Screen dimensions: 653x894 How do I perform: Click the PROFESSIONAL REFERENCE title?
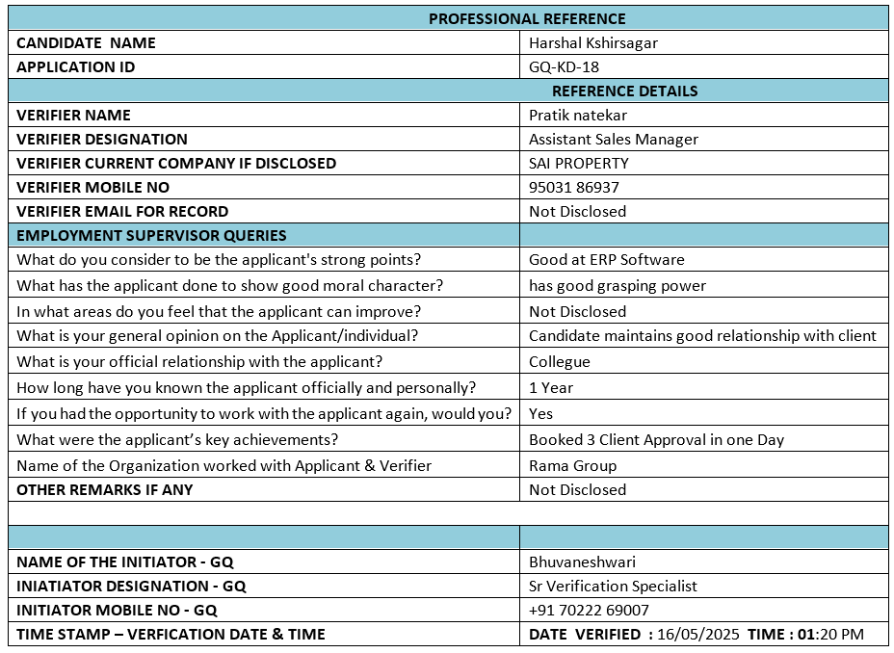(x=527, y=18)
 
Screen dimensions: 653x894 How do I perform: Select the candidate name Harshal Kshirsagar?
(x=592, y=42)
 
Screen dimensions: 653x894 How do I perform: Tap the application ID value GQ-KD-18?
(x=564, y=66)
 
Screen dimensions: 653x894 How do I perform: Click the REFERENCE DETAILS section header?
(x=624, y=91)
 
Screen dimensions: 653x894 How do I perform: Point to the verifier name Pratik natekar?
(x=577, y=115)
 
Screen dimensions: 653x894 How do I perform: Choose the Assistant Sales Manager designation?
(x=613, y=139)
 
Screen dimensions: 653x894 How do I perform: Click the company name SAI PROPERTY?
(x=578, y=163)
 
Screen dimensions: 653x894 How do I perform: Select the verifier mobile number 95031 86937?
(x=573, y=187)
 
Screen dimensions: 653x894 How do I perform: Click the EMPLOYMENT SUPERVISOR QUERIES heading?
(x=151, y=235)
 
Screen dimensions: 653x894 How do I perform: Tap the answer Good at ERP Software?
(x=606, y=259)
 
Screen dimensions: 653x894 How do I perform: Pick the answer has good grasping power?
(x=617, y=285)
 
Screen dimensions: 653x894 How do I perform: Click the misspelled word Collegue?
(x=559, y=361)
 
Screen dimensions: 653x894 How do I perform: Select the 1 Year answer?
(x=550, y=387)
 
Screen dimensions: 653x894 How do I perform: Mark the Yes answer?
(x=540, y=413)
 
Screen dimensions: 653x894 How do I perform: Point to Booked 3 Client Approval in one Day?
(x=656, y=439)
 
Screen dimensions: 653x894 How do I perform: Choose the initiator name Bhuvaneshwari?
(x=582, y=562)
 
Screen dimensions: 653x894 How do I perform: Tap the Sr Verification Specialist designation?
(x=613, y=586)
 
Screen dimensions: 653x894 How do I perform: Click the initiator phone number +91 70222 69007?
(x=589, y=610)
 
